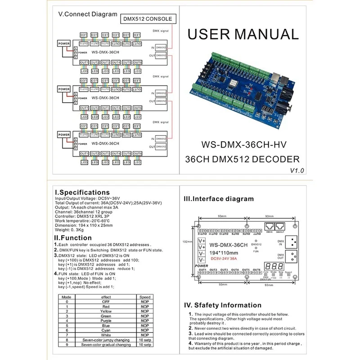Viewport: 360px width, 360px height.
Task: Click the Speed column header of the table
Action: click(144, 297)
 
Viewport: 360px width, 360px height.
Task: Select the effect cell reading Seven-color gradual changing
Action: click(106, 345)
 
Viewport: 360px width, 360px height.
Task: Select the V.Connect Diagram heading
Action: click(88, 14)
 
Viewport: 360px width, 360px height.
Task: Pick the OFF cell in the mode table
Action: click(106, 301)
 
